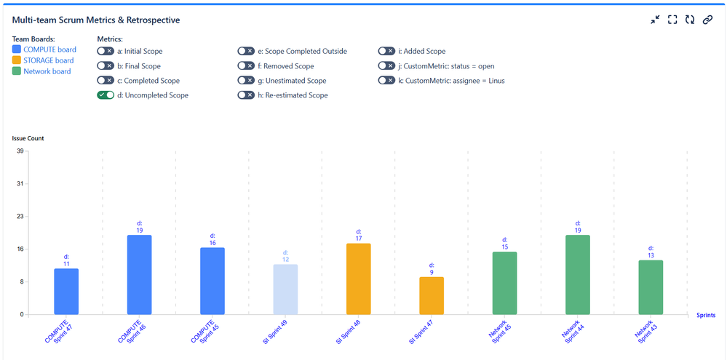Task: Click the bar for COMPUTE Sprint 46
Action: (x=139, y=275)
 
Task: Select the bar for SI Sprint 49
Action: (x=285, y=289)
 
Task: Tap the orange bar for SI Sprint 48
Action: (x=359, y=279)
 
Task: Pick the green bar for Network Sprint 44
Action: (x=578, y=275)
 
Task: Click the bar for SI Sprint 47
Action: (x=432, y=296)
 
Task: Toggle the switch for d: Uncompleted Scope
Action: (x=106, y=95)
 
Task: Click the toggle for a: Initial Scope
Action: (x=106, y=52)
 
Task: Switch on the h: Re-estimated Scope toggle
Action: (x=246, y=95)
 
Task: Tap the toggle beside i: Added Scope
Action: (x=386, y=52)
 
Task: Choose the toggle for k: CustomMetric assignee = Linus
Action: (x=386, y=81)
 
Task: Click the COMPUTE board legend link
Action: (x=49, y=49)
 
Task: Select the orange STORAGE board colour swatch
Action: (x=17, y=60)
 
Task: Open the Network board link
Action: (x=47, y=71)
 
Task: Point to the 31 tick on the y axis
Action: (x=20, y=184)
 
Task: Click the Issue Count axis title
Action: (x=28, y=137)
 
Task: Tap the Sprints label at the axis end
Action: (x=704, y=315)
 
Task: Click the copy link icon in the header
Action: (x=707, y=20)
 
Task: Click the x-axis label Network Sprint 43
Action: (x=643, y=331)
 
